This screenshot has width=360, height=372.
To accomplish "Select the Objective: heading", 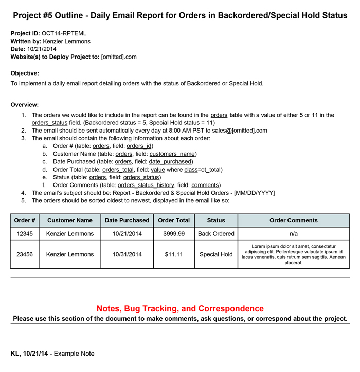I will point(25,73).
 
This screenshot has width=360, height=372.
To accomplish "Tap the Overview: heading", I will point(25,105).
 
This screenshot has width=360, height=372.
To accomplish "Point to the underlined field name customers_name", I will point(173,154).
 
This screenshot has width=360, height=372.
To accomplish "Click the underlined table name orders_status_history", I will point(147,185).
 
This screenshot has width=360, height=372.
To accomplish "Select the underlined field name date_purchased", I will point(167,161).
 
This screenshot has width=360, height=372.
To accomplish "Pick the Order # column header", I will point(25,220).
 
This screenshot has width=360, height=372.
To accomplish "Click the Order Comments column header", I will point(293,220).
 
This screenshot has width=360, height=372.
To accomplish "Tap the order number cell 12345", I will point(25,234).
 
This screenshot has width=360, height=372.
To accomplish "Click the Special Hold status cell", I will point(216,254).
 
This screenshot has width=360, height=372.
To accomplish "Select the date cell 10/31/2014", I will point(127,254).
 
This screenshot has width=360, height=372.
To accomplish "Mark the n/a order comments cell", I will point(293,234).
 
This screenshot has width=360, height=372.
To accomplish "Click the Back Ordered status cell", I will point(216,234).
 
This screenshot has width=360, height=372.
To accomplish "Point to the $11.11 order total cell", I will point(174,254).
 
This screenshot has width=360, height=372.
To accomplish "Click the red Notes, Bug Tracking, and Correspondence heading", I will point(180,309).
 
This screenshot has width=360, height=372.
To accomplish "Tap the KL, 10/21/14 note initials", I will point(30,354).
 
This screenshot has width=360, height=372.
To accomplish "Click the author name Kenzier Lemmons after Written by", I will point(67,41).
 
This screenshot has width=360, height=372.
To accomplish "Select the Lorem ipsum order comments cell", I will point(293,254).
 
